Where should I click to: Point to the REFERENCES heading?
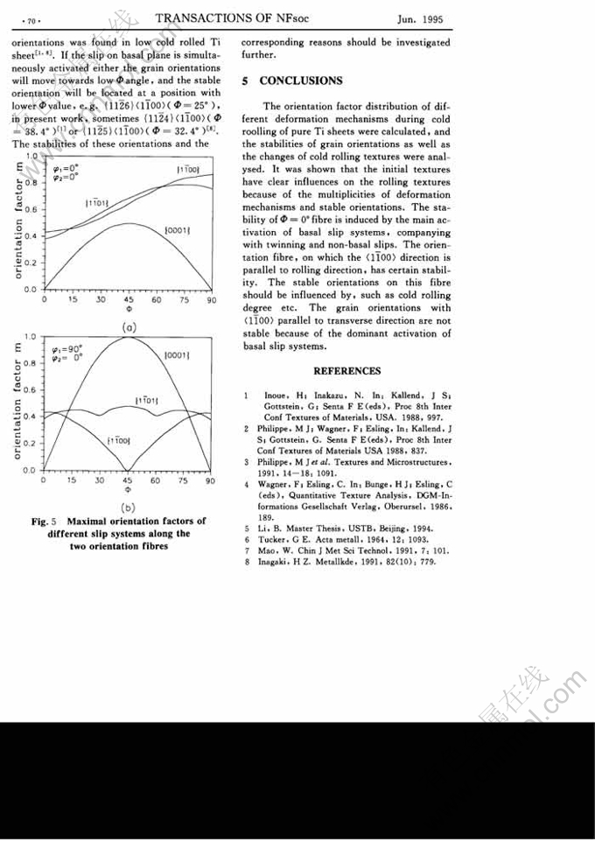(346, 371)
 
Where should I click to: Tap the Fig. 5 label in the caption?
(45, 522)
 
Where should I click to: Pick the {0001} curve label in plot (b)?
(178, 354)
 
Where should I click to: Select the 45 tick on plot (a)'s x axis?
(129, 298)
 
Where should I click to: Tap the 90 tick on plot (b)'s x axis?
(210, 480)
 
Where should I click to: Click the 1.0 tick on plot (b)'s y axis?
(30, 336)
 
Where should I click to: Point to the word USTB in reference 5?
(353, 529)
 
